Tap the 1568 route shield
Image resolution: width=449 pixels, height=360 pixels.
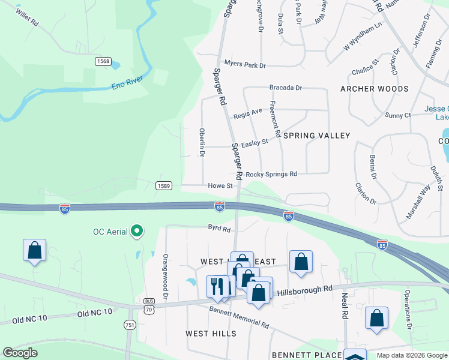coord(103,61)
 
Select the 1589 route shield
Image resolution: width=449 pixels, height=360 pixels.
coord(164,186)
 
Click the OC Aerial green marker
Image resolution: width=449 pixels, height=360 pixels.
coord(137,231)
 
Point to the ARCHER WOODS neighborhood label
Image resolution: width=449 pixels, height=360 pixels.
coord(374,89)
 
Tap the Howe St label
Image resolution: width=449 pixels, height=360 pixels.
coord(220,187)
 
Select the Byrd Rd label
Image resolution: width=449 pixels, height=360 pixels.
coord(219,229)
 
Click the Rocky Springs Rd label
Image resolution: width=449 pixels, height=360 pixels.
coord(271,174)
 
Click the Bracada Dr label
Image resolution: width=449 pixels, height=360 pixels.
coord(285,88)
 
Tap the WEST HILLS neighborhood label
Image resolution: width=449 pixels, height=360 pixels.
coord(206,334)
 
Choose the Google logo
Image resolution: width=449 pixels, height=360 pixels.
coord(20,353)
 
